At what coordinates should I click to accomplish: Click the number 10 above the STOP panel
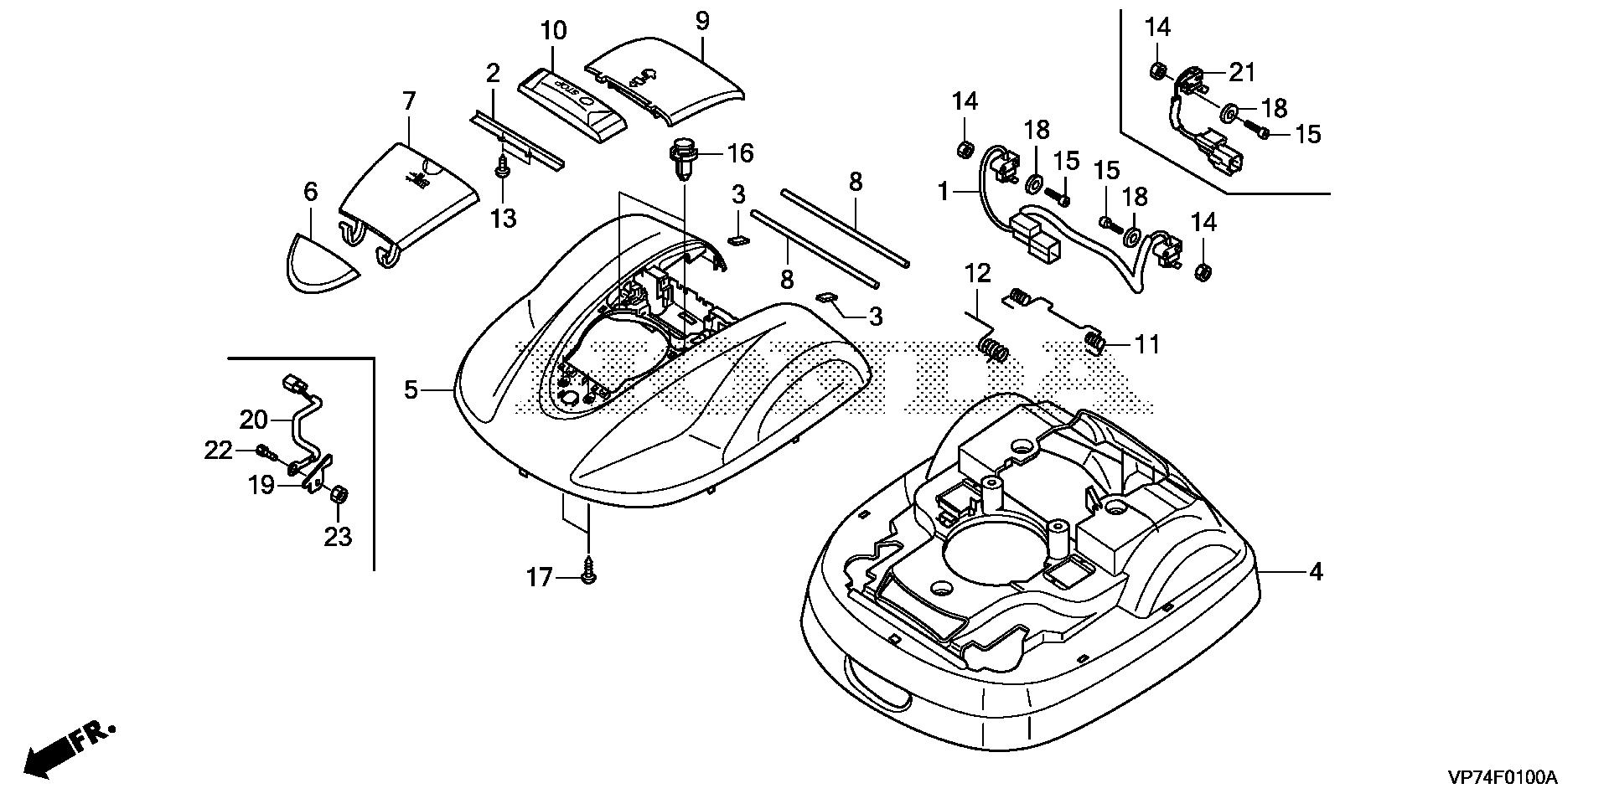tap(553, 31)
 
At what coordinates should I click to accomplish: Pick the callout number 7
tap(408, 102)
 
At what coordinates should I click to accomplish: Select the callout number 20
tap(253, 419)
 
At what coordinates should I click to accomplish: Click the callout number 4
tap(1316, 572)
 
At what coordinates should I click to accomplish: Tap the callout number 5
tap(411, 389)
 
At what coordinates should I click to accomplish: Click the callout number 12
tap(977, 273)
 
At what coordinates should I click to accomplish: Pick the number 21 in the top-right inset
tap(1242, 73)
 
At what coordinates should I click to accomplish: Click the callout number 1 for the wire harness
tap(944, 191)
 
